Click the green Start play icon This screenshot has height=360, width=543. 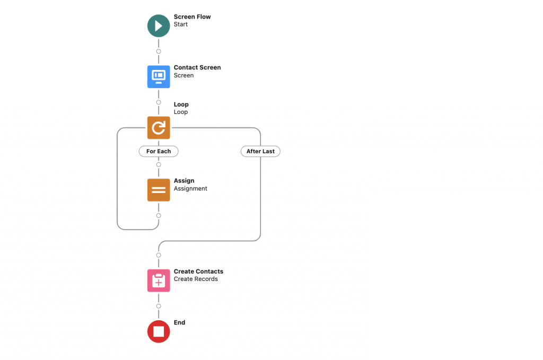(x=159, y=25)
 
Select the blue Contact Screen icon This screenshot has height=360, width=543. (x=159, y=76)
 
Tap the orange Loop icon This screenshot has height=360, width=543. (x=159, y=128)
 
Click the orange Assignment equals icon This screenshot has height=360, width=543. (x=159, y=190)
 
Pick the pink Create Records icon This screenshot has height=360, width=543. (x=159, y=280)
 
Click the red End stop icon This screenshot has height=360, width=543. (x=159, y=331)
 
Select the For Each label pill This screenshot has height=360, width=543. (x=159, y=151)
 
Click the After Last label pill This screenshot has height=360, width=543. (x=260, y=151)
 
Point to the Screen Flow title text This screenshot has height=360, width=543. (x=192, y=17)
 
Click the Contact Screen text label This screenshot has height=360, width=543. (x=197, y=67)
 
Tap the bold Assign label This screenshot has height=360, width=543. (x=184, y=181)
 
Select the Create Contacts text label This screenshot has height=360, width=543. (x=198, y=271)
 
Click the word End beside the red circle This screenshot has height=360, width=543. (x=179, y=322)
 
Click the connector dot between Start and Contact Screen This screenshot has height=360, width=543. (x=159, y=51)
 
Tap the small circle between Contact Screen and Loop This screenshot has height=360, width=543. (x=159, y=102)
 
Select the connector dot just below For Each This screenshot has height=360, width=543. (x=159, y=164)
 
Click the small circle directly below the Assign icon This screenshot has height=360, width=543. (x=159, y=215)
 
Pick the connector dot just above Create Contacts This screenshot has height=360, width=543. (x=159, y=255)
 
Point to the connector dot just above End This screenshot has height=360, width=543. (x=159, y=306)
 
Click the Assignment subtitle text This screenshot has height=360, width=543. (x=190, y=189)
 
